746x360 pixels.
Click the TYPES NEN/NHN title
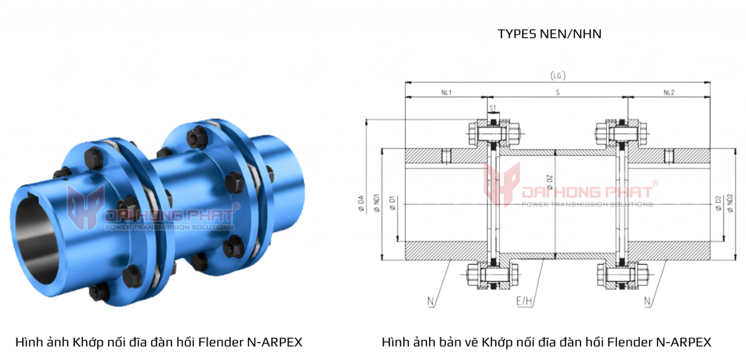549,34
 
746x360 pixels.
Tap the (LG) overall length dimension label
558,75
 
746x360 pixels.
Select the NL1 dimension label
446,92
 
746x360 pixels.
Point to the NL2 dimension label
669,92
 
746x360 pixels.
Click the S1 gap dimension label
492,108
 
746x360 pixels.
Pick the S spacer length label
558,92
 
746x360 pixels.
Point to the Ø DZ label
550,183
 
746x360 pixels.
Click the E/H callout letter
525,302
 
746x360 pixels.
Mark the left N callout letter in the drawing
430,302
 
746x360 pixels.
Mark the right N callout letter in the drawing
647,302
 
